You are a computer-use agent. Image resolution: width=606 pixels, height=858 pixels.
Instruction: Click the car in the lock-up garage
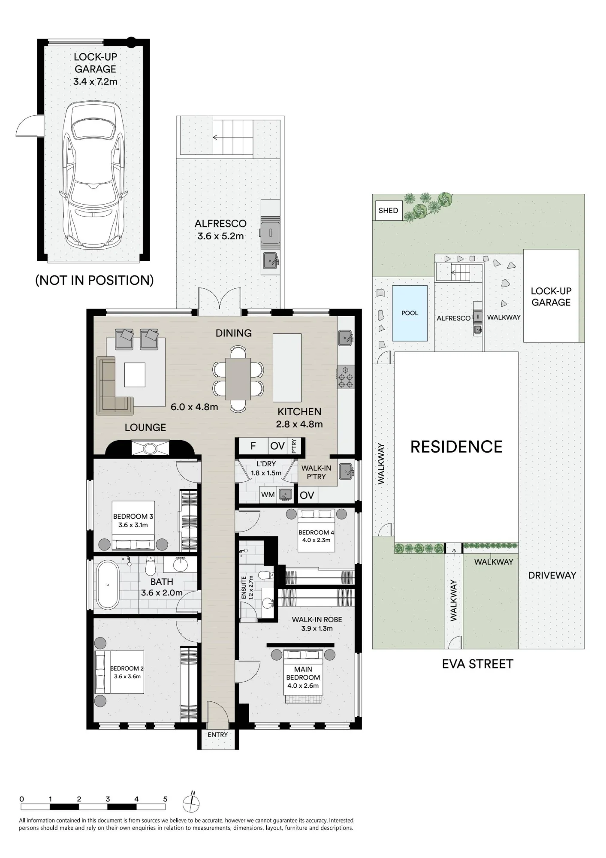coord(95,174)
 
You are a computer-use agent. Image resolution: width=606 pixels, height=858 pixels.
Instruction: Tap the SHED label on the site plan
coord(388,211)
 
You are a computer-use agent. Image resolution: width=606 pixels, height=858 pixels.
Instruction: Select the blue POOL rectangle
coord(410,313)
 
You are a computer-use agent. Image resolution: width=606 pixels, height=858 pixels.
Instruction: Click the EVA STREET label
coord(477,664)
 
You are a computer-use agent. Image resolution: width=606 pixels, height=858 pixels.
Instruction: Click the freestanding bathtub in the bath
coord(108,585)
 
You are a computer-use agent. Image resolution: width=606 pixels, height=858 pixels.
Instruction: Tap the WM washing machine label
coord(268,495)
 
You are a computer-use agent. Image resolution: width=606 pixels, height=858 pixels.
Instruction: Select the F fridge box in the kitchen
coord(253,446)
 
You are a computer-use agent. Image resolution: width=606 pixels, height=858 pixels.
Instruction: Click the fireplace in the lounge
coord(150,447)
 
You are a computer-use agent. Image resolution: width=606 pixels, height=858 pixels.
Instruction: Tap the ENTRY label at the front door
coord(218,735)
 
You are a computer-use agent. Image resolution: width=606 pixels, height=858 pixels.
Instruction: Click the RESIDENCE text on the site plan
coord(456,447)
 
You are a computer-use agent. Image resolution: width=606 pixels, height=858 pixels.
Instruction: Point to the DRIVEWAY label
coord(552,575)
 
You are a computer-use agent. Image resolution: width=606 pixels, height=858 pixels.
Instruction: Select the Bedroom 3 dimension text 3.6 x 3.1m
coord(133,525)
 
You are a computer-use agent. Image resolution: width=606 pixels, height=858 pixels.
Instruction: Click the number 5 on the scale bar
coord(165,799)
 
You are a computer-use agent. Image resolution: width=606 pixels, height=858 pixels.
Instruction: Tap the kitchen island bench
coord(287,367)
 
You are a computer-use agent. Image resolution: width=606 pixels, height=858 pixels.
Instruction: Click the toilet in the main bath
coord(150,567)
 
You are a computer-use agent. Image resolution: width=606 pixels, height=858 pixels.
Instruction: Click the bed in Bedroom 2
coord(119,671)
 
